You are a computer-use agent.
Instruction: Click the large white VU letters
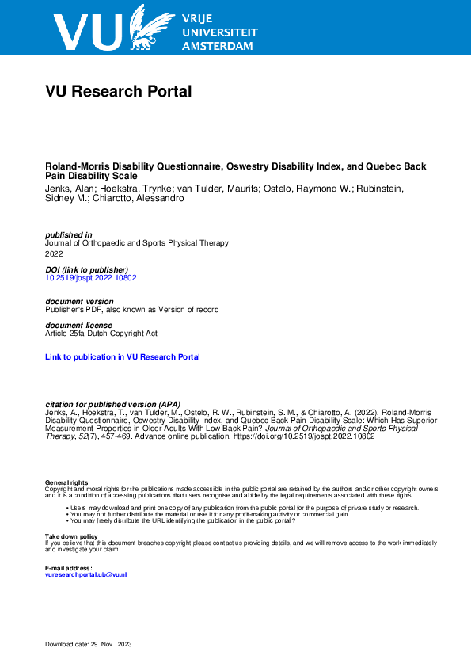point(87,32)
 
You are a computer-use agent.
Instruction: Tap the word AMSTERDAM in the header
point(218,47)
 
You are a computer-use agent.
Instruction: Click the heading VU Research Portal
point(119,92)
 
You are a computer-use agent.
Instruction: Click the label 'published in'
point(69,234)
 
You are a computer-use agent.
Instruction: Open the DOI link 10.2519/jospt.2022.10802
point(91,279)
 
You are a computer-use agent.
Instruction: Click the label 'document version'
point(79,302)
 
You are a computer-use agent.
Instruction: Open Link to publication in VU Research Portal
point(123,357)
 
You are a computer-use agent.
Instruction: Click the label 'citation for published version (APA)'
point(113,405)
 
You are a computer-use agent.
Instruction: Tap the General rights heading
point(66,482)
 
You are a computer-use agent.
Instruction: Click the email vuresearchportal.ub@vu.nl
point(86,574)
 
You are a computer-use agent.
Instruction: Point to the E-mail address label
point(69,568)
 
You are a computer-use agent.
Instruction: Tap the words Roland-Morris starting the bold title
point(73,167)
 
